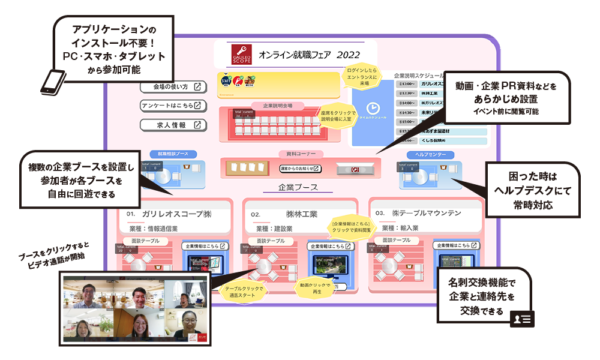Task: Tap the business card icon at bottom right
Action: [x=521, y=319]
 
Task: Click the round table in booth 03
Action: [x=394, y=266]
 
